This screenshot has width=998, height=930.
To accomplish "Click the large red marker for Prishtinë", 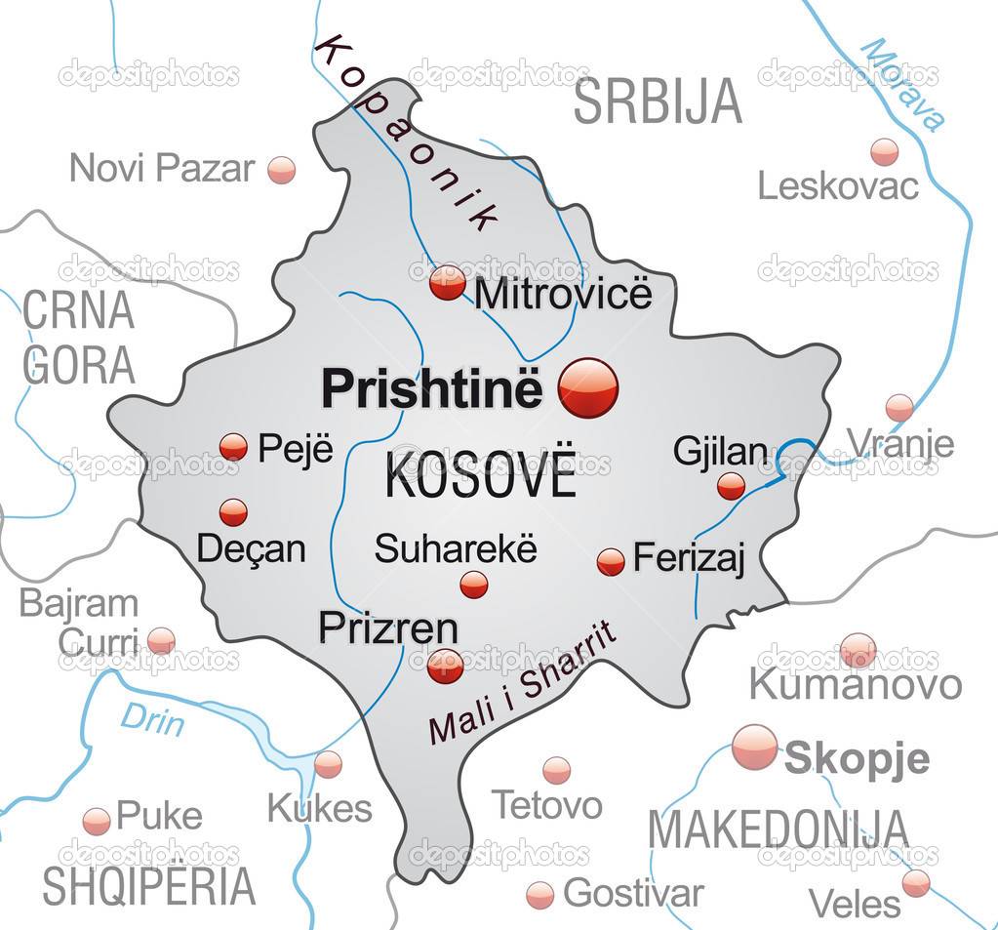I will coord(588,387).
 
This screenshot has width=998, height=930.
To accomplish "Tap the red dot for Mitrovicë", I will coord(448,283).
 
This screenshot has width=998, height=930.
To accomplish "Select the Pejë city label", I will coord(296,449).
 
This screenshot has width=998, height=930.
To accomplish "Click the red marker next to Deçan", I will coord(233,512).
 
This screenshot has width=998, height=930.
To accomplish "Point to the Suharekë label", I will coord(456,548).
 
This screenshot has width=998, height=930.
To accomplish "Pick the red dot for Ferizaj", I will coord(611,561).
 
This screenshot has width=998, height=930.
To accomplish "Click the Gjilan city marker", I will coord(731,486).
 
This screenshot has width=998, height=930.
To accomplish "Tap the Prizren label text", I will coord(388,627).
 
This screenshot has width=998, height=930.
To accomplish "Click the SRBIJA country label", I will coord(658,102).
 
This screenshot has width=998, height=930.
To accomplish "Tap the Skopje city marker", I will coord(755,748).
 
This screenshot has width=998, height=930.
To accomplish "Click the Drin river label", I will coord(152,720).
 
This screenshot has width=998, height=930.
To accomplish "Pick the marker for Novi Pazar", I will coord(281,170).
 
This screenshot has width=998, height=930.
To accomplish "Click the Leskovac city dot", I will coord(885,151).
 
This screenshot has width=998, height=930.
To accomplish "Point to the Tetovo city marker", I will coord(556,770).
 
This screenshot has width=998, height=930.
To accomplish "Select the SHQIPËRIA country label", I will coord(148,885).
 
